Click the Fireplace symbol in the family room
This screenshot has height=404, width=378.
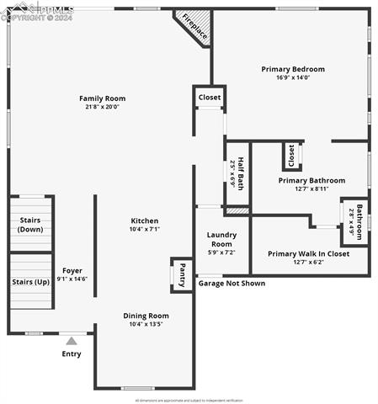point(194,27)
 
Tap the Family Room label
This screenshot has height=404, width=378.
point(102,98)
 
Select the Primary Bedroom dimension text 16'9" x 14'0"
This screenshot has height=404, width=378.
point(292,77)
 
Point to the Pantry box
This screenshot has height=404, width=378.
point(181,274)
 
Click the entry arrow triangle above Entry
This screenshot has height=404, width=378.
point(72,341)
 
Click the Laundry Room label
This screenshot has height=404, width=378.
point(222,239)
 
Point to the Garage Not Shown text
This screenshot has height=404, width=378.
point(232,284)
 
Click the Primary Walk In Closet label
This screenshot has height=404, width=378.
point(308,253)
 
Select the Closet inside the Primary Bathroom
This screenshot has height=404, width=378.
point(291,156)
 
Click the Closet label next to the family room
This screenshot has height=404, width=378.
point(210,98)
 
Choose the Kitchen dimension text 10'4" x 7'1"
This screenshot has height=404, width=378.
point(145,229)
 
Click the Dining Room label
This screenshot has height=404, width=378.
point(146,316)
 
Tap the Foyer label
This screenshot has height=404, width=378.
point(72,270)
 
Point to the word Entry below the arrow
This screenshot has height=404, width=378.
point(72,353)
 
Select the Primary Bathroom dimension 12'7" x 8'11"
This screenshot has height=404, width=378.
point(311,189)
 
